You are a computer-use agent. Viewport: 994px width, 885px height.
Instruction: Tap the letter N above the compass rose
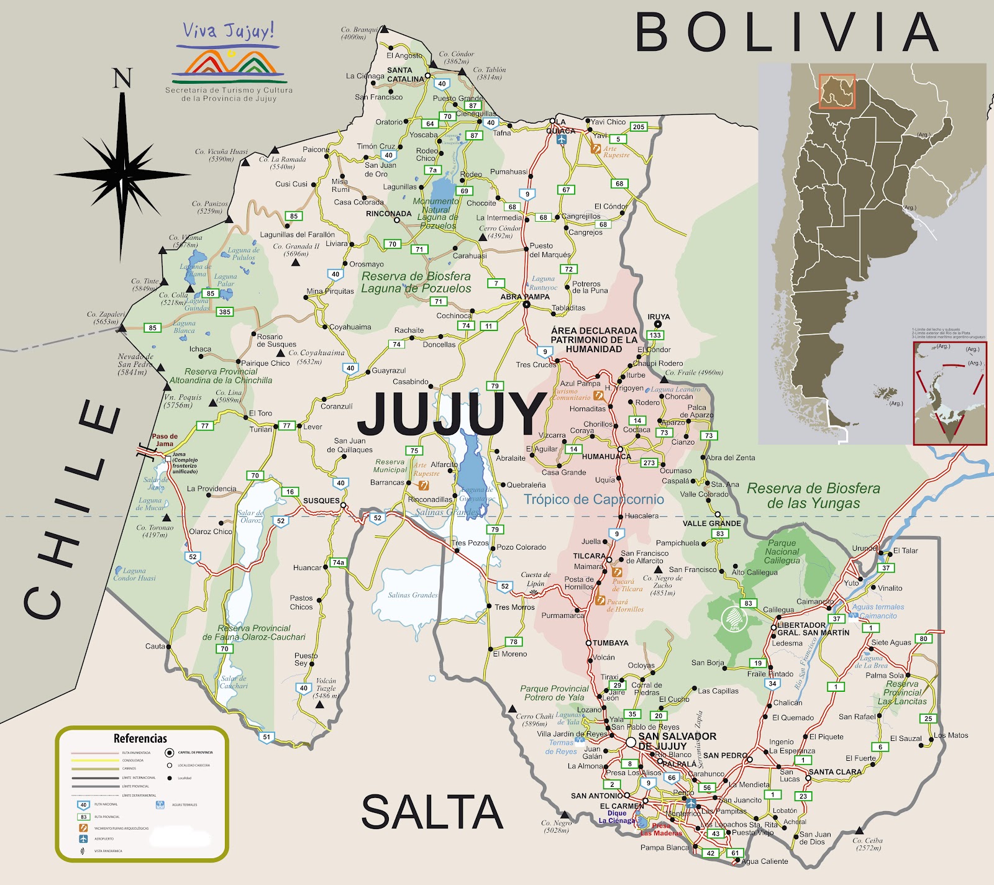point(122,79)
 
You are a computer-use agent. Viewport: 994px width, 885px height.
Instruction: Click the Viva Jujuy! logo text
point(228,31)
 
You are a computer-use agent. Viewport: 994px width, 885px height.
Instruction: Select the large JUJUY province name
point(452,414)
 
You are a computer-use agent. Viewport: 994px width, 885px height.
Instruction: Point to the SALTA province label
point(432,812)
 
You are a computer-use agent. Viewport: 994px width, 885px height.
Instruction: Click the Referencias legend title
point(140,738)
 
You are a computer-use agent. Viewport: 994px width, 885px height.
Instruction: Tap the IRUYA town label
point(659,317)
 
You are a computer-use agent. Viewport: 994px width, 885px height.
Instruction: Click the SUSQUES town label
point(321,501)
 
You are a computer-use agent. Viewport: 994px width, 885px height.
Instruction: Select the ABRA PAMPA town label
point(525,297)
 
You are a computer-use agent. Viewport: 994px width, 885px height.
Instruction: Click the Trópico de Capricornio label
point(593,499)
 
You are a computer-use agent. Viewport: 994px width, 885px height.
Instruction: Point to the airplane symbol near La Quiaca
point(562,140)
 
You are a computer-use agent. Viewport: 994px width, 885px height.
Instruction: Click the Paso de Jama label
point(165,440)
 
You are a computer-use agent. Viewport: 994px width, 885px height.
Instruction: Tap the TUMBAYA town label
point(610,643)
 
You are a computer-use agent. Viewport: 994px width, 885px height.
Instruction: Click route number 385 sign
point(225,312)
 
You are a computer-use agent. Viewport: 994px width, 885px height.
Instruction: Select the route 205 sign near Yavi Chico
point(639,127)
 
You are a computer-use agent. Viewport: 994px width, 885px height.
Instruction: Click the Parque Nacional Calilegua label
point(782,551)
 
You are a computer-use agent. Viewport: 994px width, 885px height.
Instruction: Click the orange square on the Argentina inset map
point(836,91)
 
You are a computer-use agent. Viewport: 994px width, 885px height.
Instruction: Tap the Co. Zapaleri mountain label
point(106,318)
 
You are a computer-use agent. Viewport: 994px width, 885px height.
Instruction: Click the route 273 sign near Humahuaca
point(649,463)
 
